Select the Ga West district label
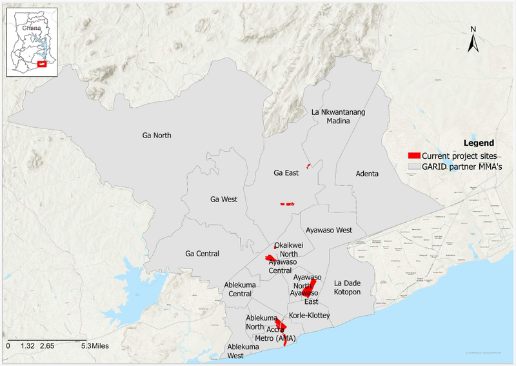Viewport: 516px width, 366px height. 224,199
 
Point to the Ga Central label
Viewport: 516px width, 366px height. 202,254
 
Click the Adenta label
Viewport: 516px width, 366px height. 367,174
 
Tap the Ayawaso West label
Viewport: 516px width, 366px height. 328,230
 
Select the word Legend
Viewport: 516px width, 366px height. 479,143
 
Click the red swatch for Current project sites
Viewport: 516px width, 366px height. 414,156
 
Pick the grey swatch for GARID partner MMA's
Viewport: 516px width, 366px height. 414,167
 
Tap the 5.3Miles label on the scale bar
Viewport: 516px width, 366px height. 95,346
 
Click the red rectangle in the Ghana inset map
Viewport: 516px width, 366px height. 43,63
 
